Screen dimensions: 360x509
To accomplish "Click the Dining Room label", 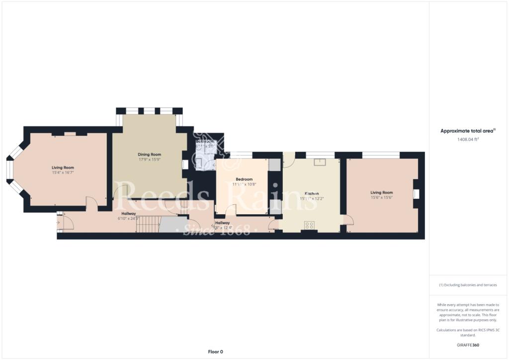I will point(149,155).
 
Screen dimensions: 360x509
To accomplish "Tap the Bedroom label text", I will point(244,179).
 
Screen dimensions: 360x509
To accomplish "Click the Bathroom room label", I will point(204,141).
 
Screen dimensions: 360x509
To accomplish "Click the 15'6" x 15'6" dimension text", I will point(381,197).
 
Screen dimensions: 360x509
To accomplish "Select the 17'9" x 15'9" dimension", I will point(149,160).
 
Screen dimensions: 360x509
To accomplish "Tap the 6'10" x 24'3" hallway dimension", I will point(128,218).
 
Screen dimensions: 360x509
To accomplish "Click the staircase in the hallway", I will point(148,225).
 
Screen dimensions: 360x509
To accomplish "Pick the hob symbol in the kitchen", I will point(310,225).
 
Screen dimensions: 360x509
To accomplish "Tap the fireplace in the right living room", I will point(416,194).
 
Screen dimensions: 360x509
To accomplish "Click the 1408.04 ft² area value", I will point(468,140).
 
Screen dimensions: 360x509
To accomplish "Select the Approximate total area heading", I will point(468,131).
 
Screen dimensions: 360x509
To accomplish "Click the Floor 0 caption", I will point(215,352).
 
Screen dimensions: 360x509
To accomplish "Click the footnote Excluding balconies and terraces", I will point(468,285).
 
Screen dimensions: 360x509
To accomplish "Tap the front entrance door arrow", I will point(59,223).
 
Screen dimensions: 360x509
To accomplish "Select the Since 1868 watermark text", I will point(214,231).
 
